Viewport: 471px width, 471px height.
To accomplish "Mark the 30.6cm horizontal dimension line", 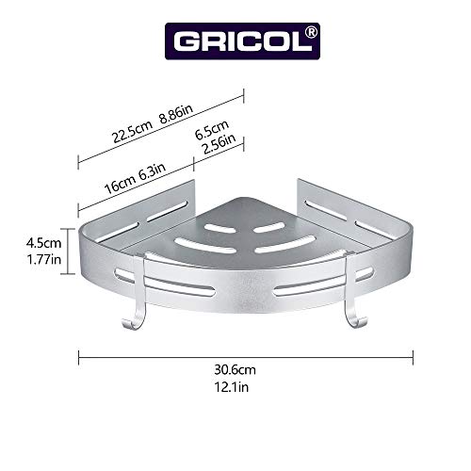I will coord(245,356).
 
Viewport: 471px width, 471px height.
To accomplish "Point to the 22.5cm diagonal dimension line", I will coord(160,125).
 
